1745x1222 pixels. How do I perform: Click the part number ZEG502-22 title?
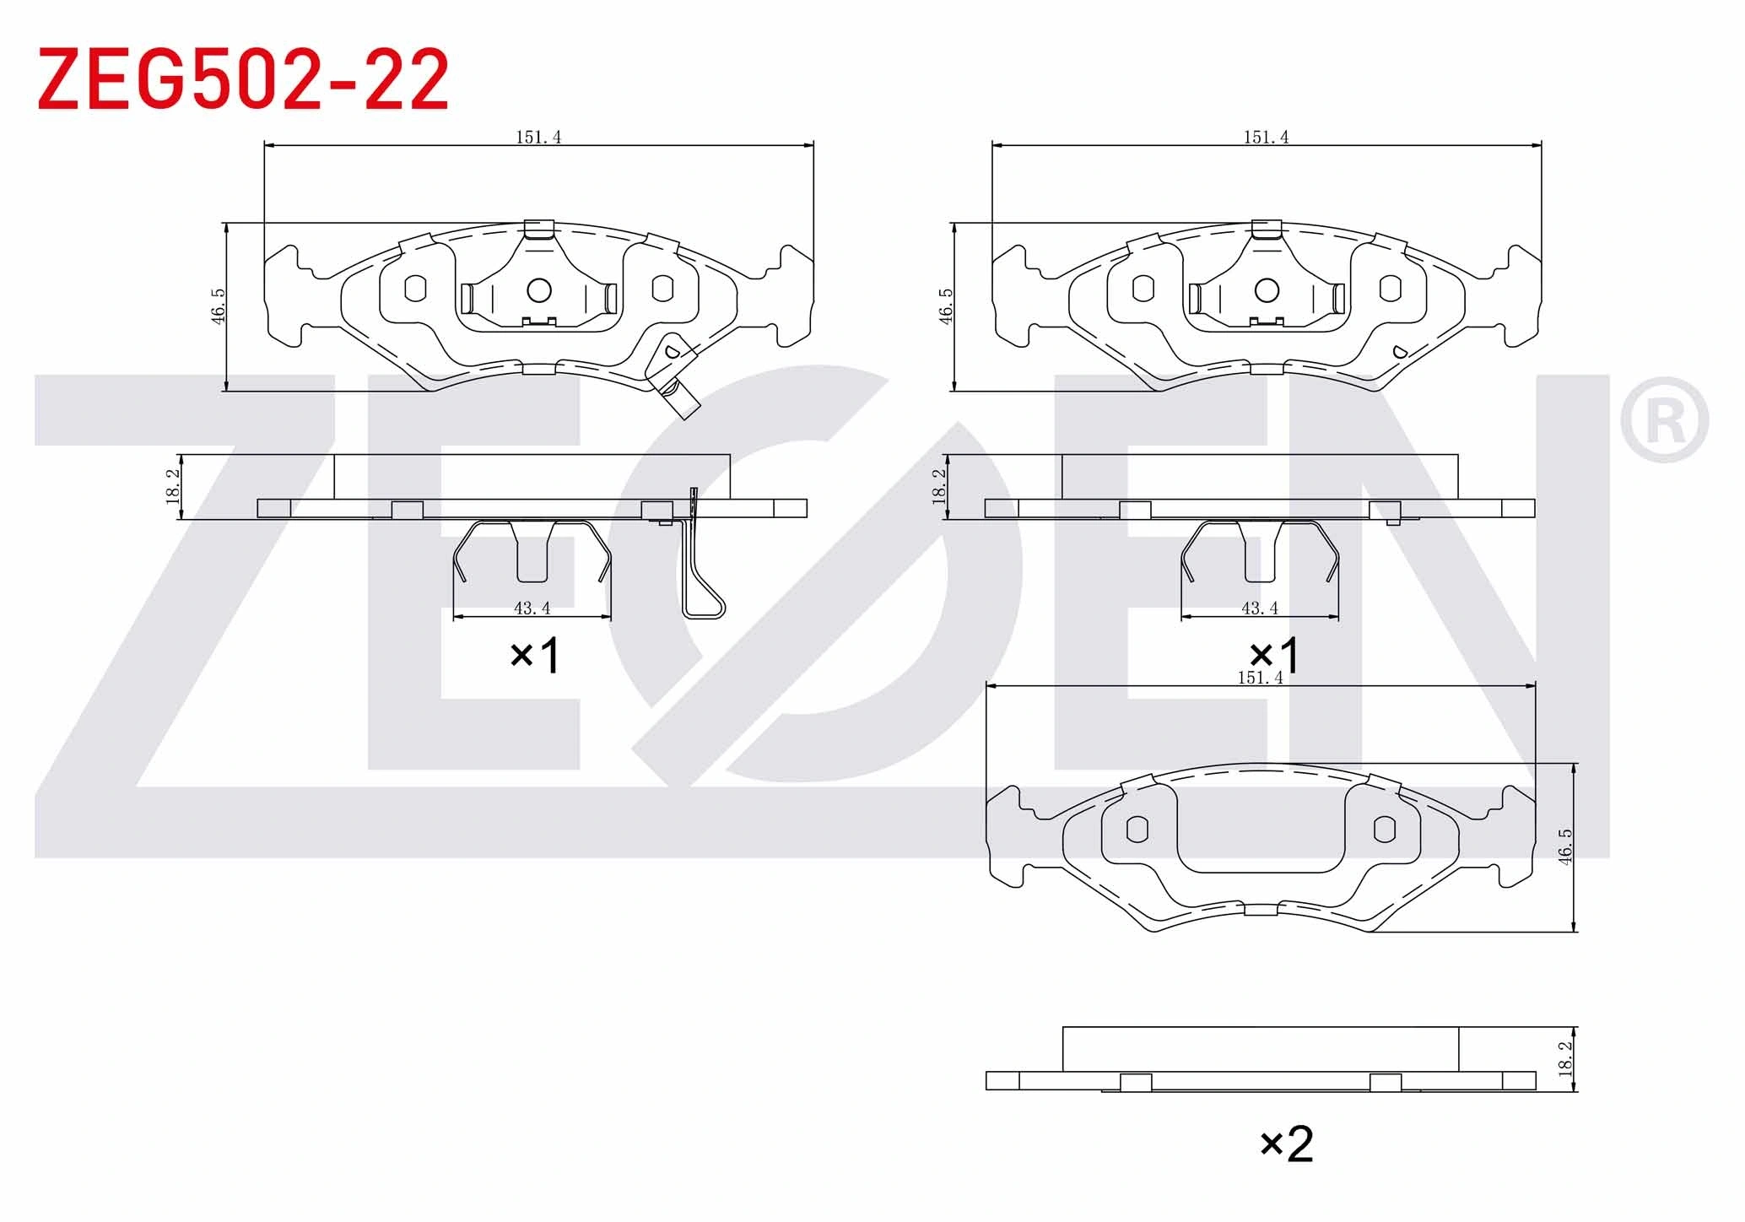[243, 79]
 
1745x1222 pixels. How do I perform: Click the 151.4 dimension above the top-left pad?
[538, 137]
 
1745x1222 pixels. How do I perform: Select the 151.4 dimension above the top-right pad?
[1266, 137]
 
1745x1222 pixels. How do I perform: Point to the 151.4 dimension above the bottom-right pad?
[1260, 678]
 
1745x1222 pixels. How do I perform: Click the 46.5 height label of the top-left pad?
[218, 306]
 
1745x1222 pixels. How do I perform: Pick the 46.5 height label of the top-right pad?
[945, 306]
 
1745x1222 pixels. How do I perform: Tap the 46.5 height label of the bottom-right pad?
[1565, 846]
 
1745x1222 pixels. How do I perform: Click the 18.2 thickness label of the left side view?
[173, 487]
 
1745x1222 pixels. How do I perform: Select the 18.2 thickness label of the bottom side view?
[1566, 1058]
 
